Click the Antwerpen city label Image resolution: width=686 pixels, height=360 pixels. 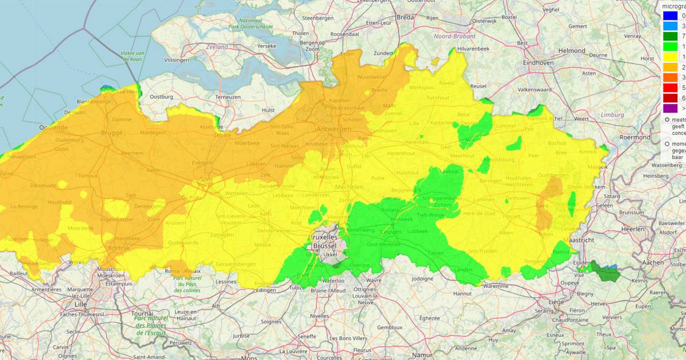(x=334, y=130)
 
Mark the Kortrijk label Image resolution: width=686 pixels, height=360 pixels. (x=119, y=249)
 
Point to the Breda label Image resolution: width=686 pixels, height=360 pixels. (x=405, y=17)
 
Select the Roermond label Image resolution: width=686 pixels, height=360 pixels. (x=635, y=137)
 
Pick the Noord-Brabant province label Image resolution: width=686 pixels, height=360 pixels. (x=453, y=36)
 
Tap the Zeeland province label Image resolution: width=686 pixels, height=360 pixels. (x=217, y=47)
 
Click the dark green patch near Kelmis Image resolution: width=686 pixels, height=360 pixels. (x=606, y=272)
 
